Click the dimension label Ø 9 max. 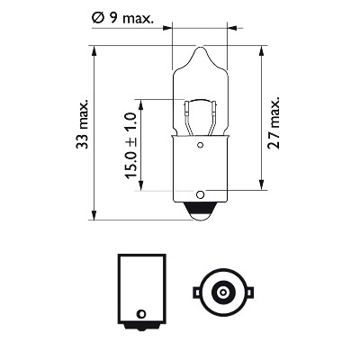point(122,18)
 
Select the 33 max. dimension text point(82,123)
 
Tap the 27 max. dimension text point(274,122)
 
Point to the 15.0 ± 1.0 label point(130,146)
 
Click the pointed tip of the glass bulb point(200,47)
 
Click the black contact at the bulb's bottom point(200,211)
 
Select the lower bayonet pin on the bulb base point(200,194)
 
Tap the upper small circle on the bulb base point(200,146)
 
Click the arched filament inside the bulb point(200,101)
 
